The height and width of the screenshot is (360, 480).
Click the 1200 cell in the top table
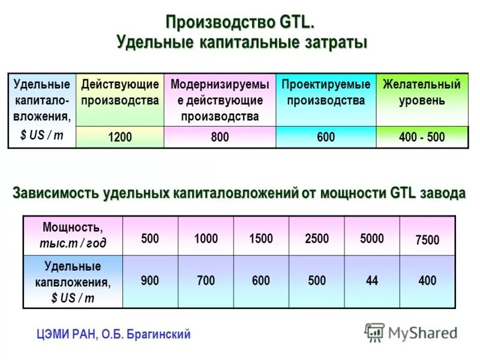pyautogui.click(x=120, y=137)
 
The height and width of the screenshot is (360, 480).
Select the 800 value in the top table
pyautogui.click(x=220, y=137)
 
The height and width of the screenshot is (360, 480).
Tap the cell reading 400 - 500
pyautogui.click(x=422, y=137)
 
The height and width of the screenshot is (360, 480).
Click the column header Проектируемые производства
pyautogui.click(x=326, y=92)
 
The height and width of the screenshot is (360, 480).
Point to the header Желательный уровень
pyautogui.click(x=422, y=92)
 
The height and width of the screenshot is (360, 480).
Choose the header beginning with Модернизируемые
pyautogui.click(x=220, y=100)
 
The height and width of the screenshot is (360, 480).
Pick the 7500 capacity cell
pyautogui.click(x=427, y=240)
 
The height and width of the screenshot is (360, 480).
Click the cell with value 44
pyautogui.click(x=372, y=280)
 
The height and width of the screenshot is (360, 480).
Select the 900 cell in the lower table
pyautogui.click(x=150, y=280)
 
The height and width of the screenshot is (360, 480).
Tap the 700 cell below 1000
pyautogui.click(x=206, y=280)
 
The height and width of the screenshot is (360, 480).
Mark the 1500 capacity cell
pyautogui.click(x=261, y=239)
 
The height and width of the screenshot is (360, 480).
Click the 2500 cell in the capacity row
pyautogui.click(x=317, y=239)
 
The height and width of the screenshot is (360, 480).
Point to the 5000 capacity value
pyautogui.click(x=372, y=239)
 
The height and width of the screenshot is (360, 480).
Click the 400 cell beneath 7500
pyautogui.click(x=427, y=280)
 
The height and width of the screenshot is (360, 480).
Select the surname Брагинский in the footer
pyautogui.click(x=158, y=334)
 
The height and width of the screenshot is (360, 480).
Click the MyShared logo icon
pyautogui.click(x=375, y=332)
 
